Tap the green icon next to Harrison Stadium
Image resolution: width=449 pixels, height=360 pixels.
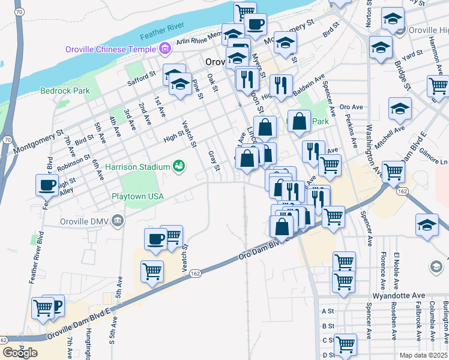(x=178, y=166)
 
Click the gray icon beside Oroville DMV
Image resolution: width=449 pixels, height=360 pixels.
(x=117, y=220)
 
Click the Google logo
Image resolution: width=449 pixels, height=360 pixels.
(x=20, y=352)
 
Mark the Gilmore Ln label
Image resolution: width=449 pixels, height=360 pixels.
(x=435, y=159)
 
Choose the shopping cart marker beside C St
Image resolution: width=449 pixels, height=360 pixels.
(x=346, y=344)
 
